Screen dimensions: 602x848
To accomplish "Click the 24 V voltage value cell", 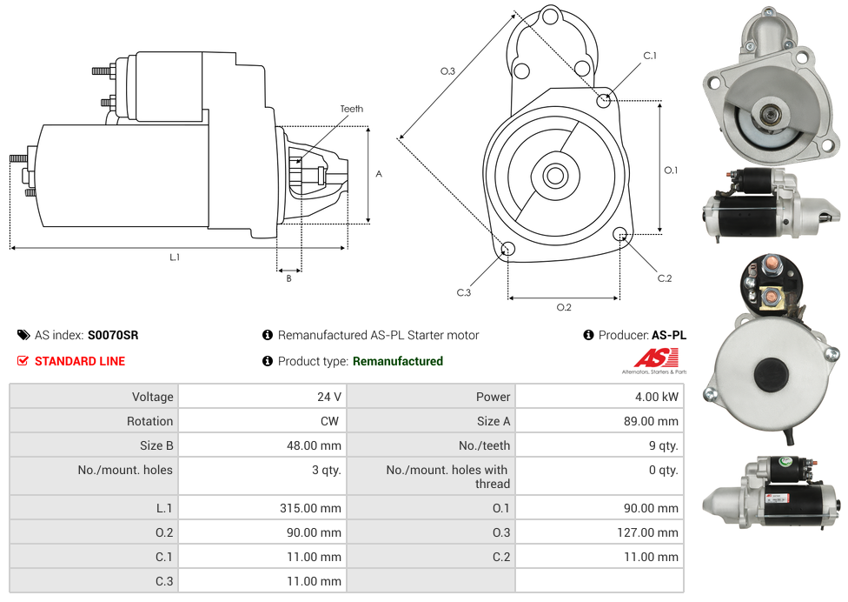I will (x=328, y=397).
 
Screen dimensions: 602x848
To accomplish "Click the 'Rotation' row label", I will (x=149, y=421).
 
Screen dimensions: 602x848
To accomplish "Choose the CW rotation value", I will (x=332, y=421).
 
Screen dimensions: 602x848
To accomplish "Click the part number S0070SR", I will (x=113, y=335).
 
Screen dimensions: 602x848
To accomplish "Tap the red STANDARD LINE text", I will (x=79, y=361).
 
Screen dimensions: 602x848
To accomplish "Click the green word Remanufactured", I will (x=398, y=361).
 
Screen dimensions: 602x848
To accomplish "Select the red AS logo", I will (x=655, y=358).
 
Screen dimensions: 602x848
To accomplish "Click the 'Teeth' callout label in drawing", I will (x=352, y=109).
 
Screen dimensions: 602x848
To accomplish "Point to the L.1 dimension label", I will (x=175, y=257).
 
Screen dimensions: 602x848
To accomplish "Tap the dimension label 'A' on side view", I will (x=379, y=174).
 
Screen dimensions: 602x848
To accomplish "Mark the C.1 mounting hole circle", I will (x=604, y=100).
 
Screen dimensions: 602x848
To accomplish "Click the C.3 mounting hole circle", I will (x=508, y=251).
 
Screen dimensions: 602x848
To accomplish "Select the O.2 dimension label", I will (x=564, y=306).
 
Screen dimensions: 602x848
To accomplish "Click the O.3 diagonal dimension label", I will (x=447, y=71).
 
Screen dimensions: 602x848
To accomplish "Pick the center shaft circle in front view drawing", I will (x=554, y=176).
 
